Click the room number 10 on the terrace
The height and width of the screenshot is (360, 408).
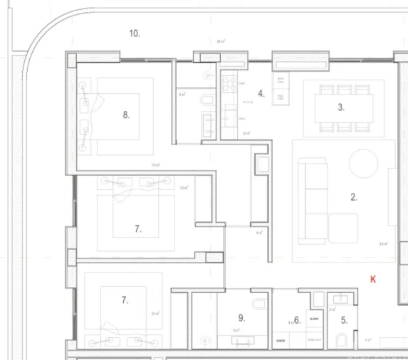pyautogui.click(x=135, y=33)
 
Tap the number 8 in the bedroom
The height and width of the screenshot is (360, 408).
pyautogui.click(x=126, y=115)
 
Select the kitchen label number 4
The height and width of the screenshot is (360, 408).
pyautogui.click(x=261, y=93)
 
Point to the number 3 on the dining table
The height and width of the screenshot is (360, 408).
pyautogui.click(x=341, y=107)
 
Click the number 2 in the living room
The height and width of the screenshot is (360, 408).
pyautogui.click(x=354, y=197)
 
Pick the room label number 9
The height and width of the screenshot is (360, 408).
pyautogui.click(x=241, y=318)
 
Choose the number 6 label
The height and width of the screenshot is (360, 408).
pyautogui.click(x=298, y=320)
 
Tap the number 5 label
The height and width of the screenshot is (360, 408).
pyautogui.click(x=344, y=320)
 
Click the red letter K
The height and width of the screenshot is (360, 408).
pyautogui.click(x=373, y=280)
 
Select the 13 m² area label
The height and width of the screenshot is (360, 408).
pyautogui.click(x=184, y=188)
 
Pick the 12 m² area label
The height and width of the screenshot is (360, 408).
pyautogui.click(x=155, y=313)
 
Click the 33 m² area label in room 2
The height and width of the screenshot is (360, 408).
pyautogui.click(x=382, y=245)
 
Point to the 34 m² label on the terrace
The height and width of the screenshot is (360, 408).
pyautogui.click(x=221, y=42)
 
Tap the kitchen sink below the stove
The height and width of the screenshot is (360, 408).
pyautogui.click(x=230, y=113)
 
